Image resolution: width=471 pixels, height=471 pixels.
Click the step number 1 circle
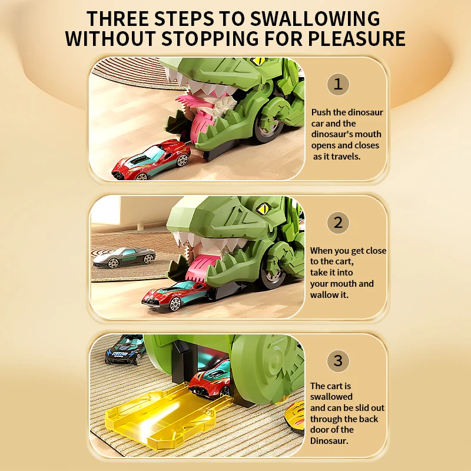pyautogui.click(x=338, y=84)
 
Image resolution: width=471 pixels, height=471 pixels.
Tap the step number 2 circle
pyautogui.click(x=338, y=223)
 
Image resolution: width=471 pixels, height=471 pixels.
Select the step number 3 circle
pyautogui.click(x=338, y=360)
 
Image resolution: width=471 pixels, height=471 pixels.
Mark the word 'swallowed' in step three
pyautogui.click(x=331, y=397)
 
